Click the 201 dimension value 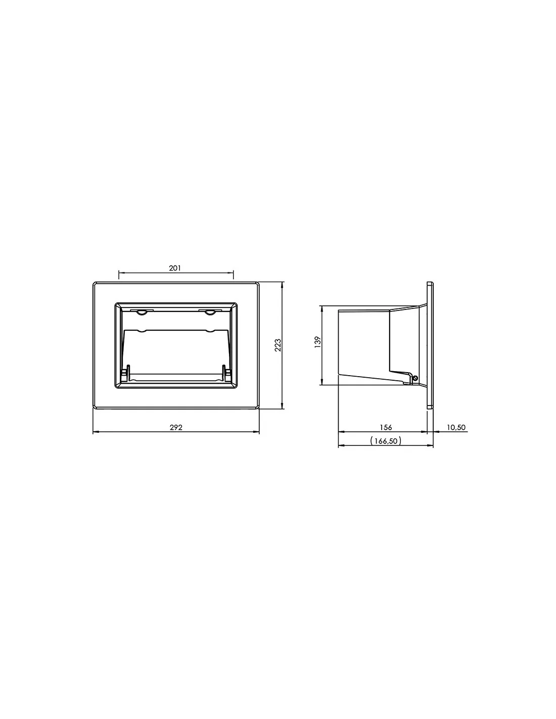(175, 268)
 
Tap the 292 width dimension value (176, 427)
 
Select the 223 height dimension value (278, 345)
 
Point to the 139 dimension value (318, 342)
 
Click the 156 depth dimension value (386, 427)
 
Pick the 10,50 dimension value (456, 427)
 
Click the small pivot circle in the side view (415, 378)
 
